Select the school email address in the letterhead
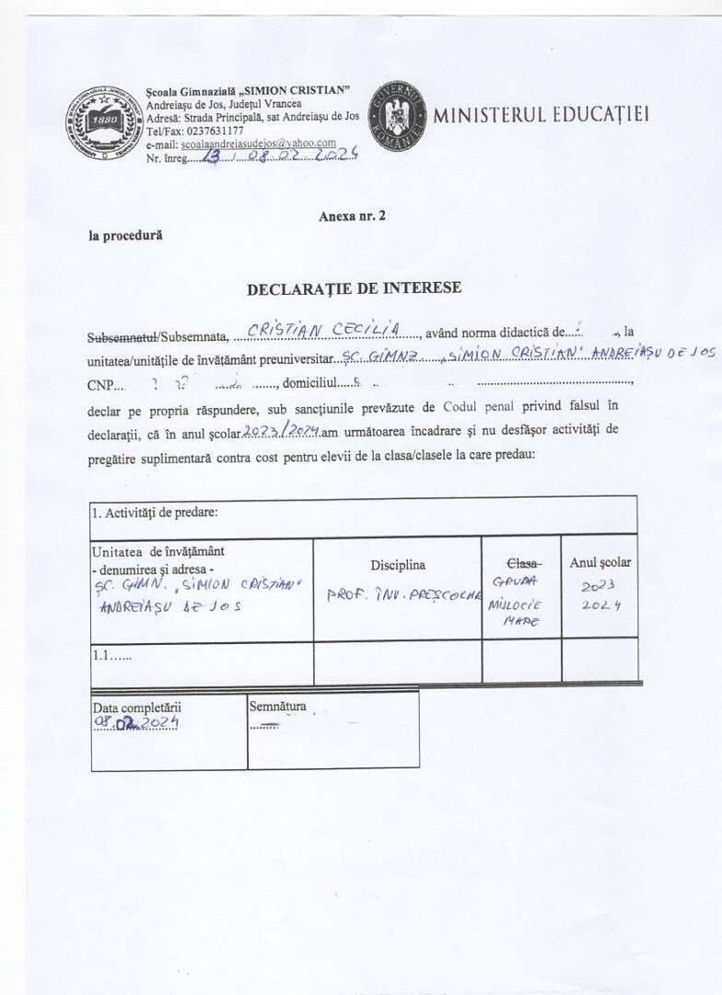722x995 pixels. click(258, 145)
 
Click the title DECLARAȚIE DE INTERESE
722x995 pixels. click(355, 288)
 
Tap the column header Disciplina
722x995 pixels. click(398, 565)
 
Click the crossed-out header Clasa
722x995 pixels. click(522, 562)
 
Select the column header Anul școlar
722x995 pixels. click(600, 561)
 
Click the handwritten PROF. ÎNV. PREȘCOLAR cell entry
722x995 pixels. click(404, 594)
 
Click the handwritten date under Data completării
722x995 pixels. click(134, 724)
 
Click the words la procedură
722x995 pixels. click(125, 235)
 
